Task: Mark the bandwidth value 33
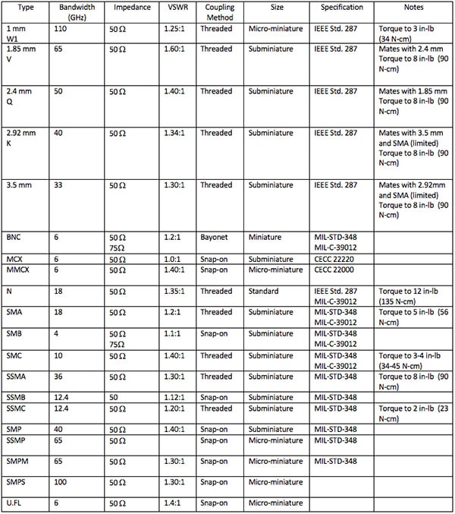59,184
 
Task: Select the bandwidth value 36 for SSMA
59,376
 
